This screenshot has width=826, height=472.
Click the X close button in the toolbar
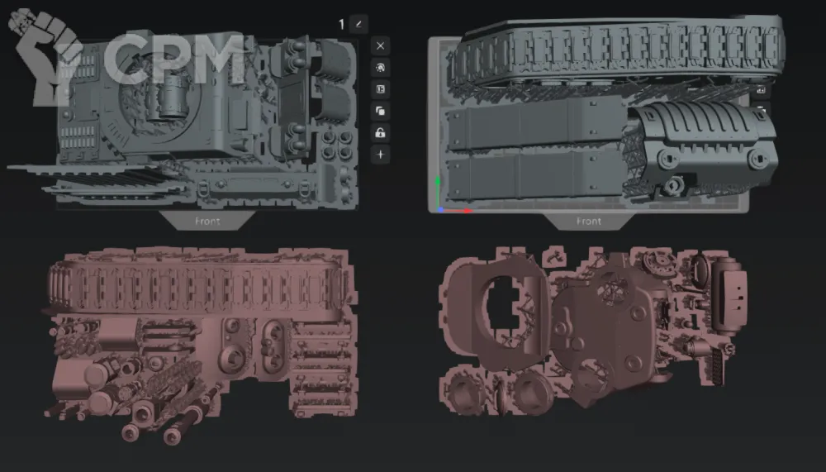pyautogui.click(x=380, y=46)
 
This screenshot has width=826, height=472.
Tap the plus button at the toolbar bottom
pyautogui.click(x=380, y=155)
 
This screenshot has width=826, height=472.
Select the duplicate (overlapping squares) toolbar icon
pyautogui.click(x=380, y=112)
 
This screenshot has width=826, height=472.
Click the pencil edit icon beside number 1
pyautogui.click(x=358, y=24)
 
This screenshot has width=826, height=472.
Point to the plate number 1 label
pyautogui.click(x=341, y=24)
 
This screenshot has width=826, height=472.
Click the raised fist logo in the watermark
pyautogui.click(x=45, y=56)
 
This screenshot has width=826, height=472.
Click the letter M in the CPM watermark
pyautogui.click(x=213, y=59)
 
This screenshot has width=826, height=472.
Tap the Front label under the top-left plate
pyautogui.click(x=207, y=222)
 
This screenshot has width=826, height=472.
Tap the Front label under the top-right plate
pyautogui.click(x=588, y=222)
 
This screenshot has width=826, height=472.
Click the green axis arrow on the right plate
pyautogui.click(x=438, y=192)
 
